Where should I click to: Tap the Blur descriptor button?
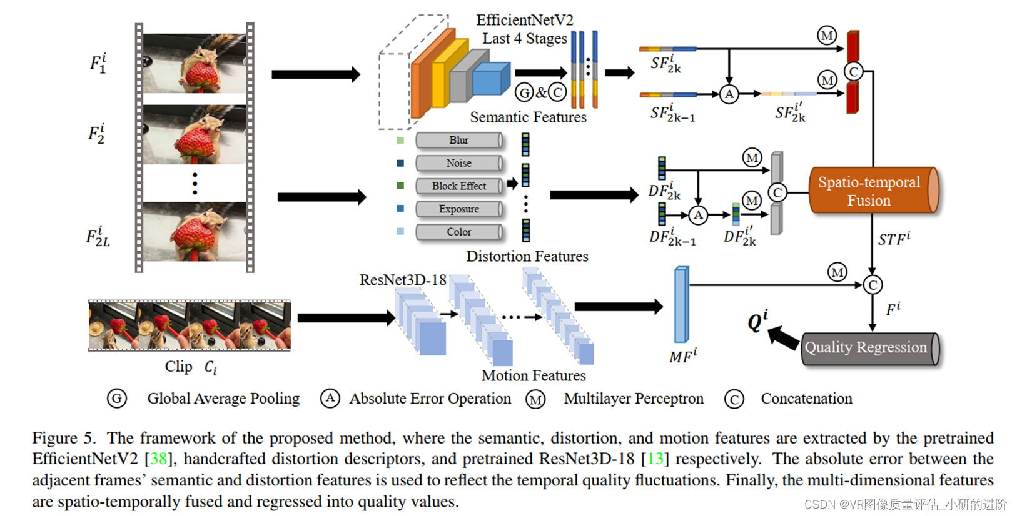click(x=458, y=140)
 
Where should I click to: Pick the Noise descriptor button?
click(x=458, y=163)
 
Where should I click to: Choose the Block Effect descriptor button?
click(x=458, y=186)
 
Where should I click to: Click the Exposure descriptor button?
click(x=458, y=209)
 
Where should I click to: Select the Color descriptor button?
click(x=458, y=232)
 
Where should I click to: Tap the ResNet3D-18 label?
click(x=403, y=280)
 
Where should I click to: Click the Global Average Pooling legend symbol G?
click(x=117, y=398)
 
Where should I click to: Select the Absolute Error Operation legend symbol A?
click(x=330, y=398)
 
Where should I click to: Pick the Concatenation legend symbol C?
click(x=734, y=399)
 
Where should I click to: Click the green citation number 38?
click(x=158, y=459)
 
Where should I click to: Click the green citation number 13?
click(x=655, y=459)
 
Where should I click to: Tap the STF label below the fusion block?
click(x=894, y=239)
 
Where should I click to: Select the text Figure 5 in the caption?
click(x=63, y=438)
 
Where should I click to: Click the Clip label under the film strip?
click(x=178, y=367)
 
